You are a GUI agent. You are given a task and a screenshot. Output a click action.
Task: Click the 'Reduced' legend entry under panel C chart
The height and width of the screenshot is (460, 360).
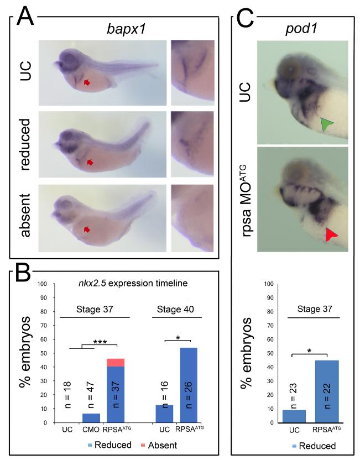[x=307, y=446]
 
